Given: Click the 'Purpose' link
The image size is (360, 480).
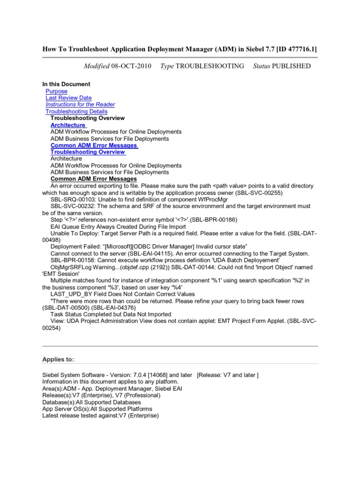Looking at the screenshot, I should point(56,91).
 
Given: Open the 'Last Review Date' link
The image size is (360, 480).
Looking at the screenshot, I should point(68,98).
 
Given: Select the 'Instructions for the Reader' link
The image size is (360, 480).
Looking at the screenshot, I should point(80,105).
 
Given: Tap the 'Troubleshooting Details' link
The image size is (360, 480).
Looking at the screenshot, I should point(76,112).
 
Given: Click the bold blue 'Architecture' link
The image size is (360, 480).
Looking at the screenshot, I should point(68,125).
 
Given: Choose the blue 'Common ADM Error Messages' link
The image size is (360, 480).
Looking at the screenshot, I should point(94,145).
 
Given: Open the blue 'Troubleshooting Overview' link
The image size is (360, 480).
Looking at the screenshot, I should point(88,152).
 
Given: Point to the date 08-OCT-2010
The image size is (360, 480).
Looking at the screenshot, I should point(131,66).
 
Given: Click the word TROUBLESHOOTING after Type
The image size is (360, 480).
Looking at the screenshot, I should point(210,66).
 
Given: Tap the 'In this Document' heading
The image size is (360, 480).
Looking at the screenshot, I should point(66,84).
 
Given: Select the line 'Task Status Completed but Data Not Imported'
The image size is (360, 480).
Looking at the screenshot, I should point(111,314).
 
